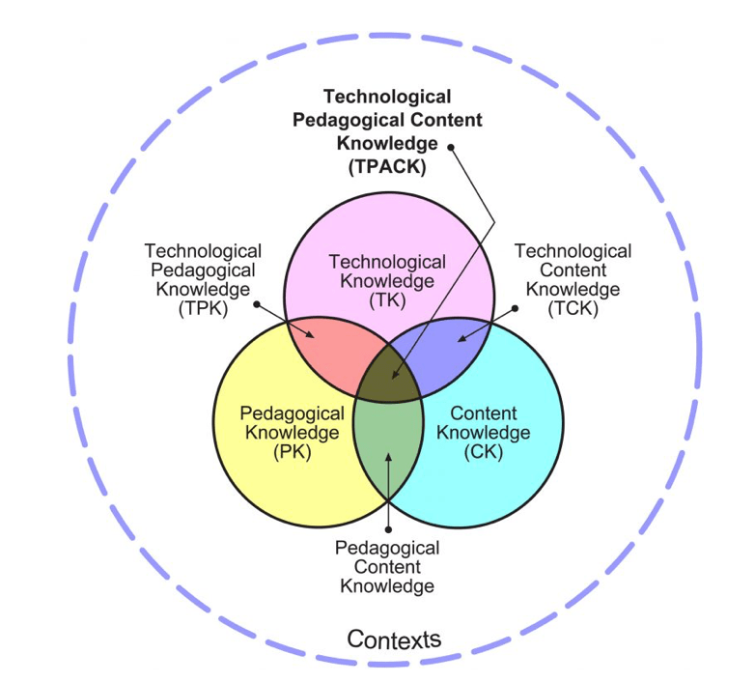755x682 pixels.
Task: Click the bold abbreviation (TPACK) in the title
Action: (387, 167)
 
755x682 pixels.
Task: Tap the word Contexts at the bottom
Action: (394, 639)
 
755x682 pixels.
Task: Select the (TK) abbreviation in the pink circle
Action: (387, 300)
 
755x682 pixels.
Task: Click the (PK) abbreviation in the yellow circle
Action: (293, 452)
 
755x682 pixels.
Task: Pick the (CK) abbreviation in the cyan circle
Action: (484, 452)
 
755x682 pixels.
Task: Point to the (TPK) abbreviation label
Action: (203, 308)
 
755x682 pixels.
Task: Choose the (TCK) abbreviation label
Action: (573, 308)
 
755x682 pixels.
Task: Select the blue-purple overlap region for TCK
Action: (445, 349)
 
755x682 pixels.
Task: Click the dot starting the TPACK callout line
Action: (451, 148)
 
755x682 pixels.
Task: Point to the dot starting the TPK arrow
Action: (257, 304)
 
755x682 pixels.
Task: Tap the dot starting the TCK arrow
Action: (515, 308)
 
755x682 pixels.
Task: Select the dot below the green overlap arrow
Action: (388, 529)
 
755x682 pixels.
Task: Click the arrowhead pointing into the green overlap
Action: (388, 457)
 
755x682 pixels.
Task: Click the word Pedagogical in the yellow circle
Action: (293, 413)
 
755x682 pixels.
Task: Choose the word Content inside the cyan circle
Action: (484, 413)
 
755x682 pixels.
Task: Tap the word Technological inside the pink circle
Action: (387, 262)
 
